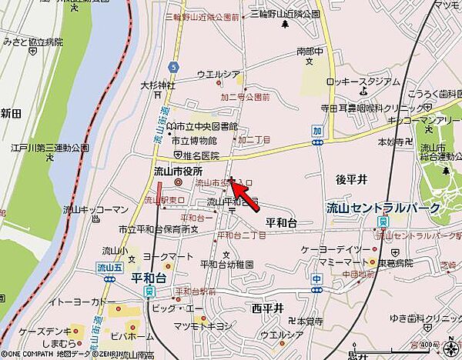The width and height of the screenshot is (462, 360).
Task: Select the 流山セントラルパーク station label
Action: click(x=383, y=208)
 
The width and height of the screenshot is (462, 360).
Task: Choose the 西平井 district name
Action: click(x=267, y=308)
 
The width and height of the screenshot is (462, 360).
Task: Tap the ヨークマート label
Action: click(x=165, y=258)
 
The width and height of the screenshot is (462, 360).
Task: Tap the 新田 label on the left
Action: click(x=11, y=112)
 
